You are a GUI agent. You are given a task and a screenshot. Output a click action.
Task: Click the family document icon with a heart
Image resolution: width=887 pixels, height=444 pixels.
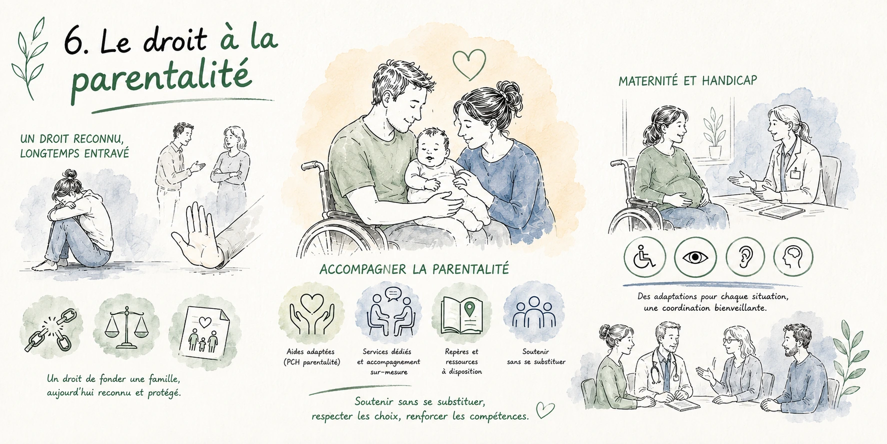203,331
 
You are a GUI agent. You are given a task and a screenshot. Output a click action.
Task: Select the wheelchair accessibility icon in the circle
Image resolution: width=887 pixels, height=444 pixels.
644,257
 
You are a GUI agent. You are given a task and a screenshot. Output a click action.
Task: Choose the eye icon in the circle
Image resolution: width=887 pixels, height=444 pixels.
695,257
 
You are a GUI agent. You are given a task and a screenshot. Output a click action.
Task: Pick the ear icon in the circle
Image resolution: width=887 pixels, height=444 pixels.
745,257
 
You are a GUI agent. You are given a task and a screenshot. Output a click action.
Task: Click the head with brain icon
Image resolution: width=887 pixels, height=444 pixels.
793,257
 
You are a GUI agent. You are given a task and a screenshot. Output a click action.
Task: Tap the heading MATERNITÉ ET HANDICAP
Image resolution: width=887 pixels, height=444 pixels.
687,81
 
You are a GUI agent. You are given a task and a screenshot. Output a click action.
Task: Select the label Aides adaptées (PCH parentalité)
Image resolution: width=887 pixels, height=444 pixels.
310,357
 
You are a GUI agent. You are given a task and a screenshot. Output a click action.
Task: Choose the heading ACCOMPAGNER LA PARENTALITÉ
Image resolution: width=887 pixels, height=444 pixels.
414,269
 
